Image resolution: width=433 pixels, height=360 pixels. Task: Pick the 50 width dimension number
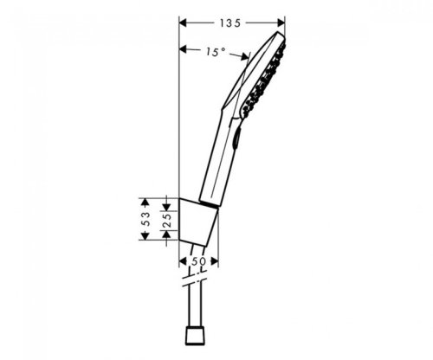click(x=197, y=260)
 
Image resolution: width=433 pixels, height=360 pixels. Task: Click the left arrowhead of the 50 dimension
click(x=183, y=260)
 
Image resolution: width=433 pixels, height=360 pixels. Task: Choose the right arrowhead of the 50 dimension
click(x=216, y=260)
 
